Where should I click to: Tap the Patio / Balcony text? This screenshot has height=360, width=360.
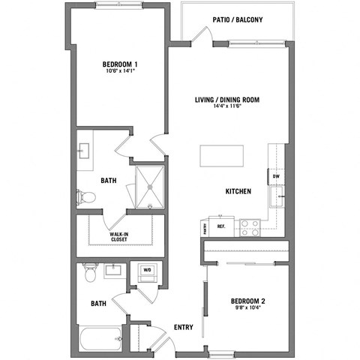click(237, 19)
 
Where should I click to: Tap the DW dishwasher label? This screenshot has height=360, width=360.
click(276, 177)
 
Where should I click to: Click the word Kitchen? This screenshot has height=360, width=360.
click(238, 191)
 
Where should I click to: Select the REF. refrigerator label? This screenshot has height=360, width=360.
click(222, 225)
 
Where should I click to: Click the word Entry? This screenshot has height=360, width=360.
click(183, 327)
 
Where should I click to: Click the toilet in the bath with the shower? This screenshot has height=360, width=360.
click(87, 197)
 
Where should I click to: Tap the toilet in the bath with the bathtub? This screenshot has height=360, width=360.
click(90, 274)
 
